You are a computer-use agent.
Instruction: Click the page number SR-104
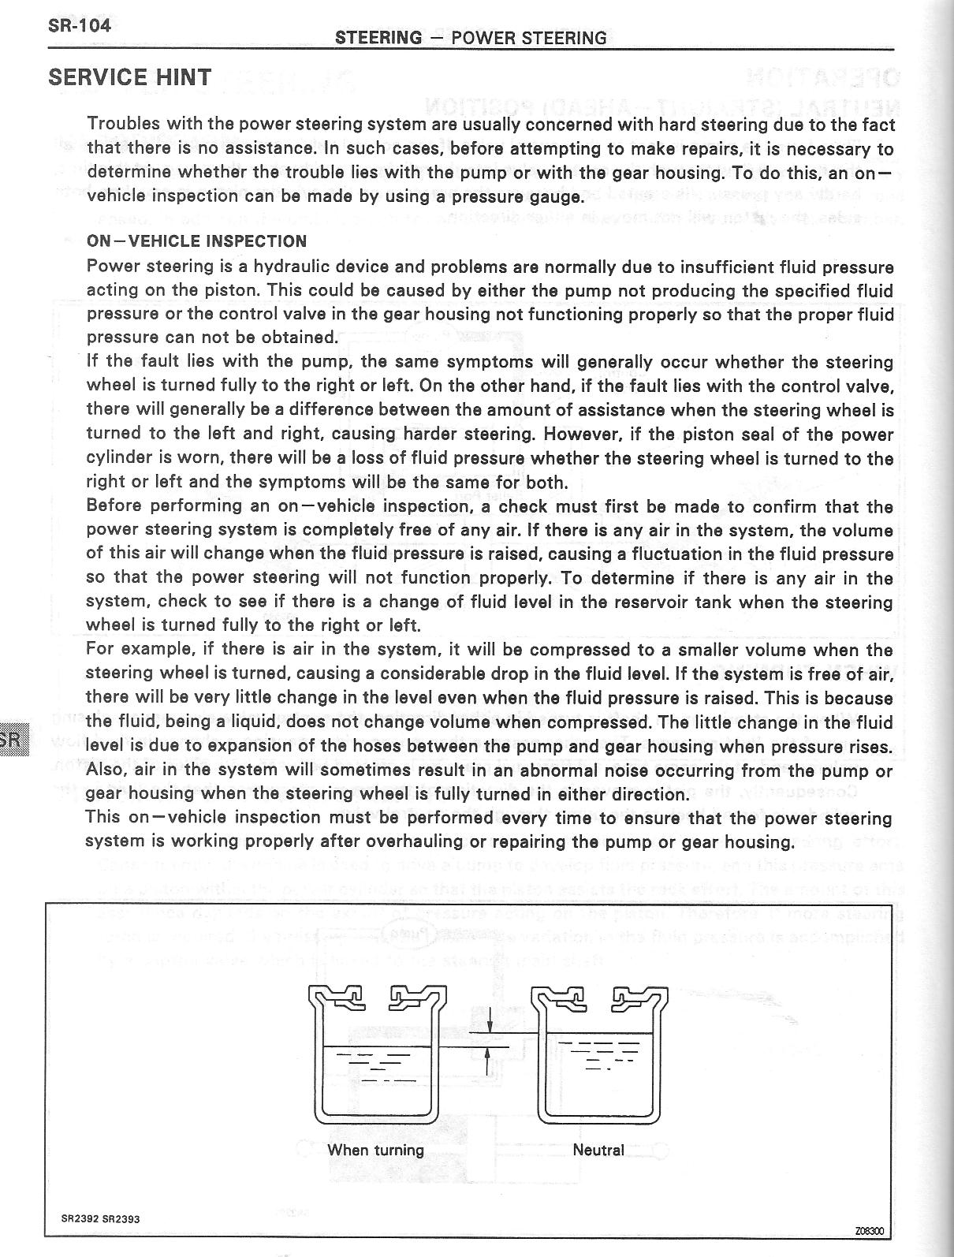pos(80,24)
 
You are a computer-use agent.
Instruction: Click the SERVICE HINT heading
pos(130,77)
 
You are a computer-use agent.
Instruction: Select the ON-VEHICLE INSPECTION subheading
pos(196,241)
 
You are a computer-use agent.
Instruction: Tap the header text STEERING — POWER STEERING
pos(471,38)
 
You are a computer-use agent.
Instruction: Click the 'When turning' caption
pos(375,1150)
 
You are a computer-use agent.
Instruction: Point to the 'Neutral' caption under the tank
pos(598,1150)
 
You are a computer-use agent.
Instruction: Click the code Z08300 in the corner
pos(870,1231)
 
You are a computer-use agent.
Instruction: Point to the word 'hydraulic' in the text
pos(296,267)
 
